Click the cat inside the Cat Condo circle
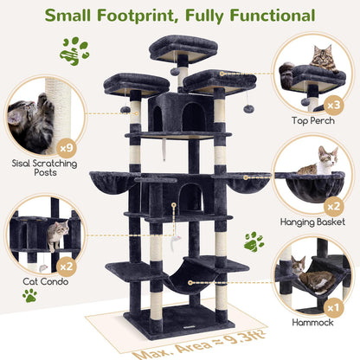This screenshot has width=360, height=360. (x=57, y=231)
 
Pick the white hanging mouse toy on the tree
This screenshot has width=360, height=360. (x=175, y=238)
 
